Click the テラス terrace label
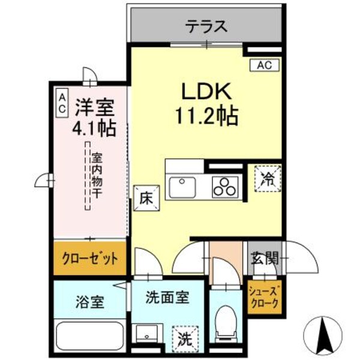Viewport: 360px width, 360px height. tap(206, 26)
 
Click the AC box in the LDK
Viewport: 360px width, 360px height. tap(264, 64)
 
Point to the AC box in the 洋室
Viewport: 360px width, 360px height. tap(62, 103)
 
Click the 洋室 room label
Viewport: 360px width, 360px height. tap(94, 108)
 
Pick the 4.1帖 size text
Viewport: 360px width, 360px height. tap(94, 128)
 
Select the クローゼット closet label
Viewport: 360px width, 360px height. tap(89, 259)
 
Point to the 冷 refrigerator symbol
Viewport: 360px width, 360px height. tap(268, 178)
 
